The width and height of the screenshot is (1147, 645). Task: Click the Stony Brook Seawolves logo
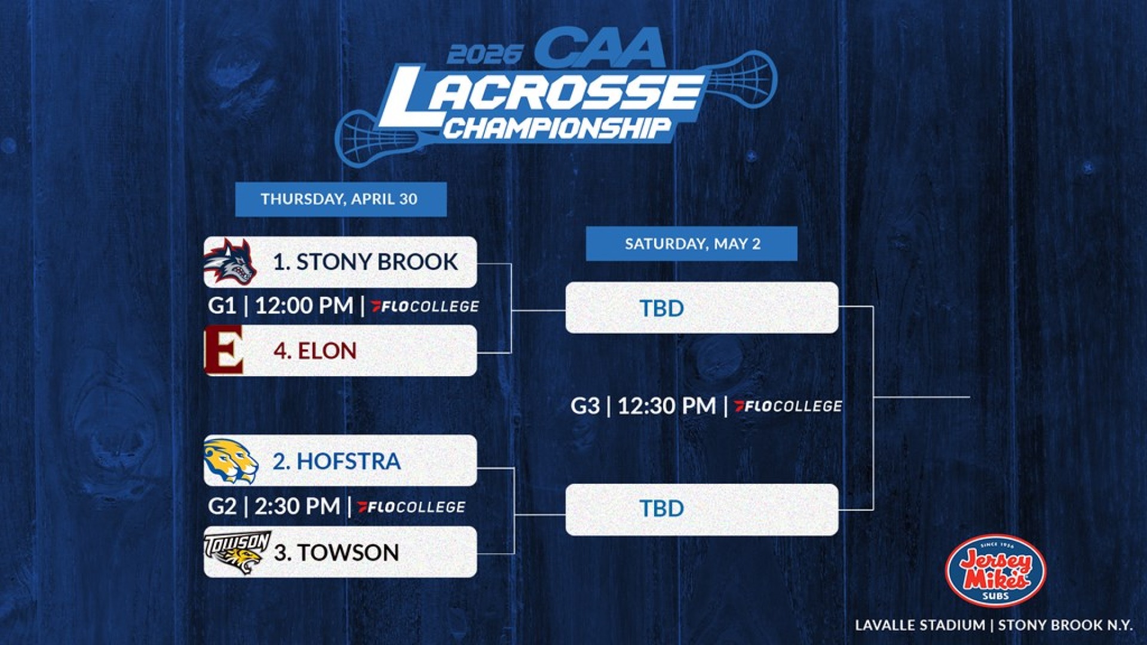coord(230,262)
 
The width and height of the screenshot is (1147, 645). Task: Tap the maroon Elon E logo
coord(224,350)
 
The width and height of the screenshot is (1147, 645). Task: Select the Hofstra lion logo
coord(231,460)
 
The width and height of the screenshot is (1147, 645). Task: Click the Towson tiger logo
coord(237,552)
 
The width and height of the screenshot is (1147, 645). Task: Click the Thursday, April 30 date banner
coord(340,199)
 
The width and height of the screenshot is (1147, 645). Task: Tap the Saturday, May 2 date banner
coord(692,244)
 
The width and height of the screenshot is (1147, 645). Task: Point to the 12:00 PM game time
coord(303,306)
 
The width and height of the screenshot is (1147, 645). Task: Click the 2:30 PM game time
coord(297,506)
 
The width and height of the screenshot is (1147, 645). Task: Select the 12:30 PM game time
coord(666,406)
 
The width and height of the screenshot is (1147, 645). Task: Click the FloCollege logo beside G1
coord(425,306)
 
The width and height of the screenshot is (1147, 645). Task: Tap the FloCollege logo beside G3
coord(788,406)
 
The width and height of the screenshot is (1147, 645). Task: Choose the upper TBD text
coord(661,308)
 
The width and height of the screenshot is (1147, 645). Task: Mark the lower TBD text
coord(661,508)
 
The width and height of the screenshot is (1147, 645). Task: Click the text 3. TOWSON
coord(336,552)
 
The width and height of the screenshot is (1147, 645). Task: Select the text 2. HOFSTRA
coord(336,461)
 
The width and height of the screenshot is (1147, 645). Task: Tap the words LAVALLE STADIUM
coord(920,625)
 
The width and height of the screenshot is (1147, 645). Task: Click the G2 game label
coord(222,506)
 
